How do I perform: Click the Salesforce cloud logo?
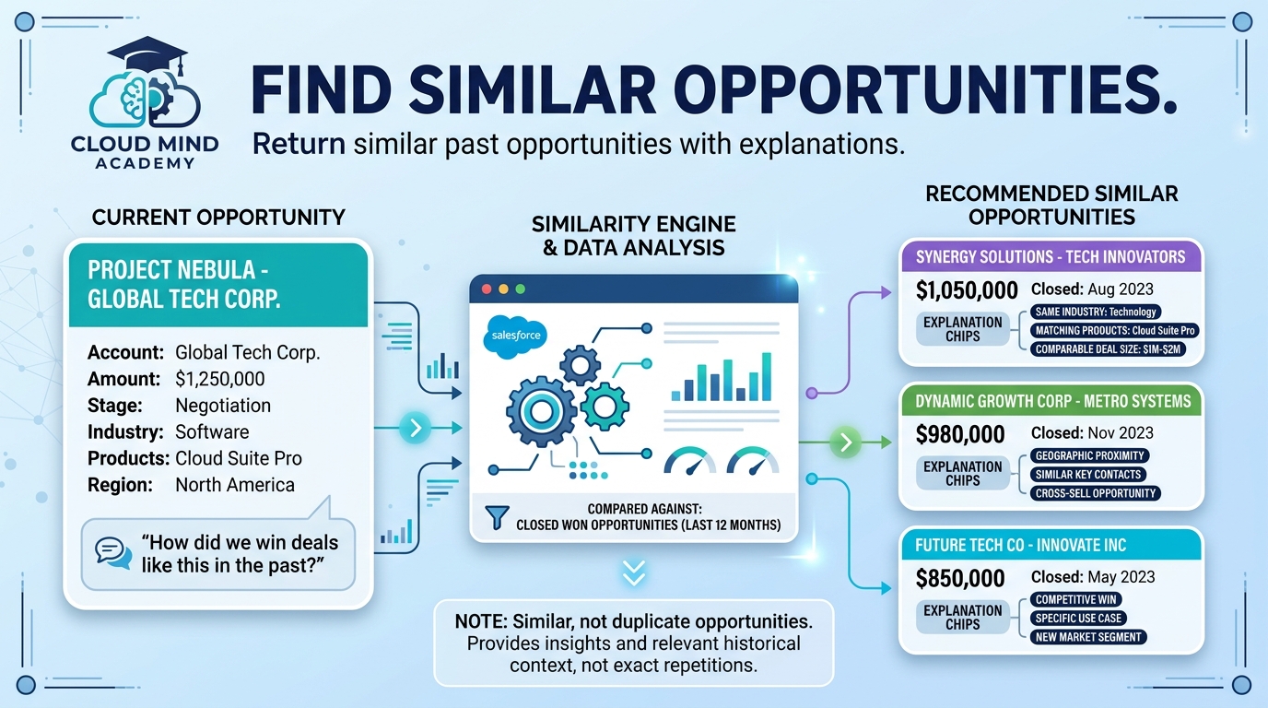516,336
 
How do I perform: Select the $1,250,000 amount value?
219,379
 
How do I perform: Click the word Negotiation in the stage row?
223,406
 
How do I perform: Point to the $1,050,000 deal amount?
967,290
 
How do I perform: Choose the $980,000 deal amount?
960,434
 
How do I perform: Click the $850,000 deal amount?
960,578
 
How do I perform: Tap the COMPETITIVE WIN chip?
1075,599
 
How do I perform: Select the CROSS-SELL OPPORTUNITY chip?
1096,493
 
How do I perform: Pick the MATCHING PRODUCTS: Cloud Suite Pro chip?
1115,330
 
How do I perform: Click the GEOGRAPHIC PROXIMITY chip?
1089,455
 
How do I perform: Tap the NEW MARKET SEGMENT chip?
1088,637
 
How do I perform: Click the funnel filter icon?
497,517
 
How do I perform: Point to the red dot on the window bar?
487,289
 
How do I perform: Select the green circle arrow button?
846,442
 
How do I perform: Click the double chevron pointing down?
633,573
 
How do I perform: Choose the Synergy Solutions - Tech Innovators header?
1051,257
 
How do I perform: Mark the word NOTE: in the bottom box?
481,621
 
